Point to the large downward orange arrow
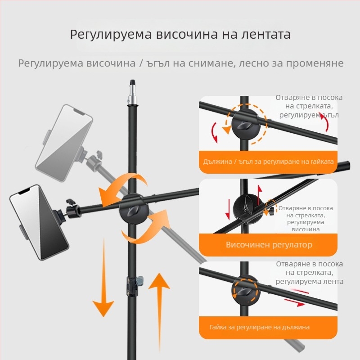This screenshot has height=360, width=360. coord(103,279)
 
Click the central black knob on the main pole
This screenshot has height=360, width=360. coord(132,208)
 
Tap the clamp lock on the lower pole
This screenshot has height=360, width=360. coord(133,286)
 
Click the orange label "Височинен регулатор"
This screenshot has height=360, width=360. coord(269,245)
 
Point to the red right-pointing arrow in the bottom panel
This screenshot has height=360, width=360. coord(295,304)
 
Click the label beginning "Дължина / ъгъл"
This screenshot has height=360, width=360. coord(268,161)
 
